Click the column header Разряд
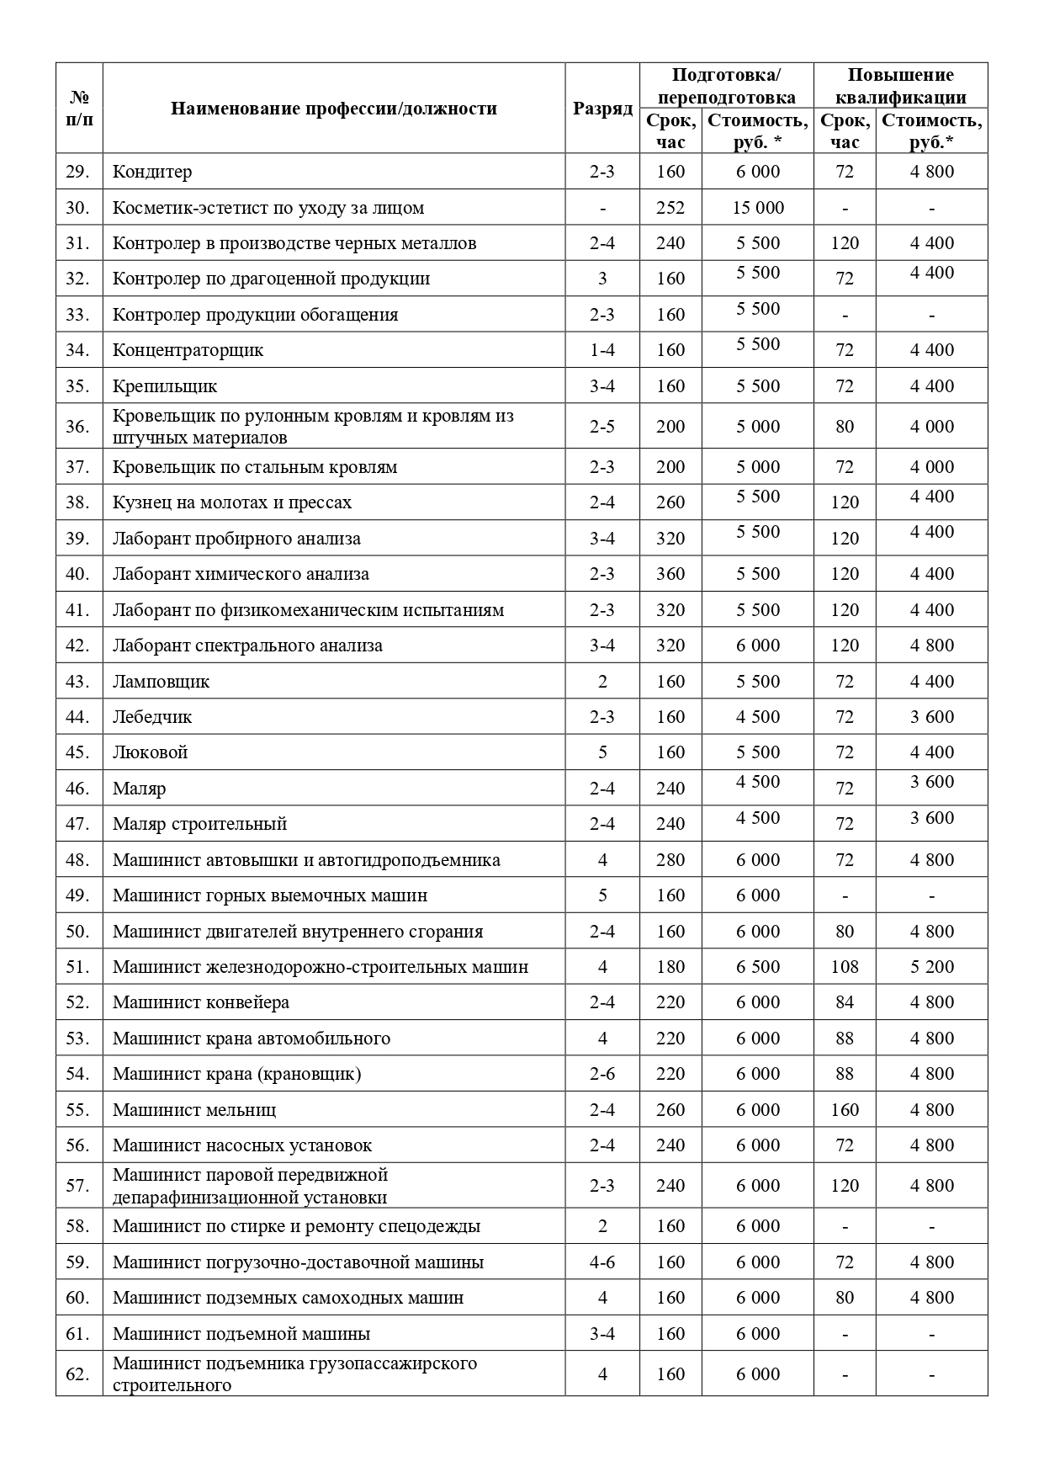(602, 109)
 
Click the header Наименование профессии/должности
(334, 109)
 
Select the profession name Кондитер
(152, 172)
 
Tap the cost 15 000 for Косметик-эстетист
(758, 208)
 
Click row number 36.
(77, 427)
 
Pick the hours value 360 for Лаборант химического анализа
(670, 574)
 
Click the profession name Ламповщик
(162, 682)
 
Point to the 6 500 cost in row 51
(758, 967)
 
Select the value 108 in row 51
(845, 967)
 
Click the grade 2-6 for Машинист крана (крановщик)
(602, 1074)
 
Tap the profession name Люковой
(151, 752)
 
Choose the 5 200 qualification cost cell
(932, 967)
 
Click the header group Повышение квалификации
(900, 86)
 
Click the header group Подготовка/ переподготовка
(726, 86)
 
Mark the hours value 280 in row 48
(670, 860)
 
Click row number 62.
(77, 1374)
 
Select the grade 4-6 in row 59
(602, 1262)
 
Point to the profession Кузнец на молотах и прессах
(232, 502)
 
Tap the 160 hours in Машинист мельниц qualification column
(845, 1110)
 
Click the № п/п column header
(79, 109)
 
